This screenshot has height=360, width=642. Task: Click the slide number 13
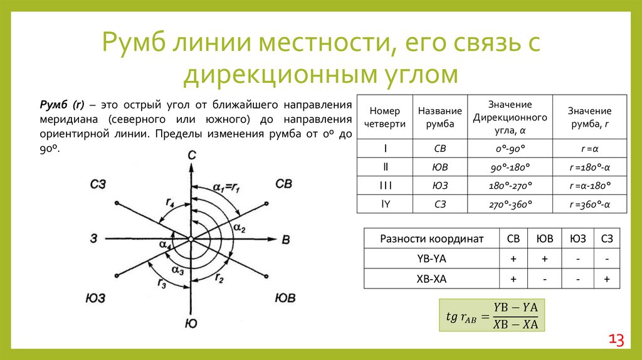click(616, 341)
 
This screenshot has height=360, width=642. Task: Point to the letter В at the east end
click(285, 239)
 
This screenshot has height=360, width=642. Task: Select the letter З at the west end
click(93, 238)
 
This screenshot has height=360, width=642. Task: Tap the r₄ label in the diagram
click(170, 202)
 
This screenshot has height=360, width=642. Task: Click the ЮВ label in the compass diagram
click(285, 297)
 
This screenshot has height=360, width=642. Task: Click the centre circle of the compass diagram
click(190, 239)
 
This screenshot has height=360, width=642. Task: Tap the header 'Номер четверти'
click(384, 117)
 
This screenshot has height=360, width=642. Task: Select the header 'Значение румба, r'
click(589, 117)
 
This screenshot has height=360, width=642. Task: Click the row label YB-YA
click(431, 258)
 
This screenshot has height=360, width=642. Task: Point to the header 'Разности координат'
click(431, 238)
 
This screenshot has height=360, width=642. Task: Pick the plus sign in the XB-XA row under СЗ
click(607, 279)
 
